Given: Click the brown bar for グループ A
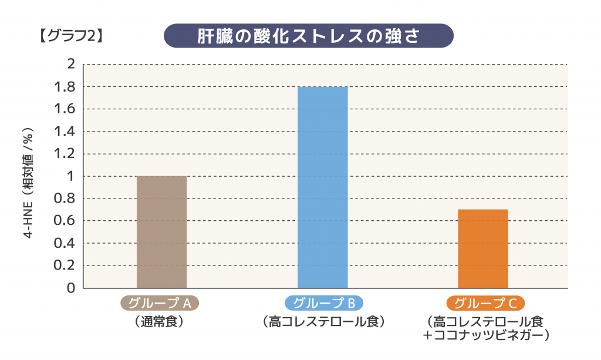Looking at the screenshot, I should point(161,232).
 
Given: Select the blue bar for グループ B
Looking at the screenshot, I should point(323,187).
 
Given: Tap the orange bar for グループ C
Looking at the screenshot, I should point(483,248).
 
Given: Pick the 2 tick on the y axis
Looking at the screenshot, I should point(71,64).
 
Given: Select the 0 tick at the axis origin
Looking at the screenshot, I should point(71,288).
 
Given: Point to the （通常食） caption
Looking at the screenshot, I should point(160,322).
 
